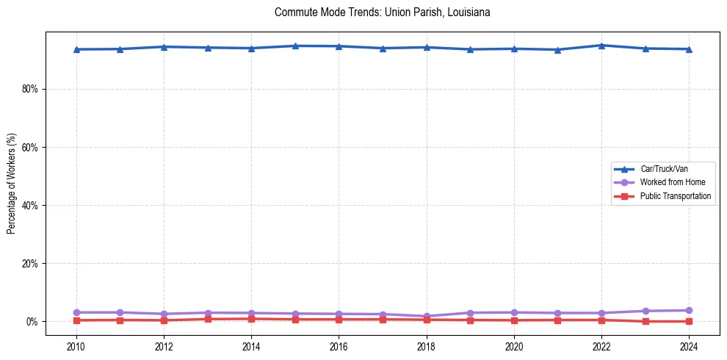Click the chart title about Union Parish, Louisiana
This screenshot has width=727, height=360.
[x=382, y=12]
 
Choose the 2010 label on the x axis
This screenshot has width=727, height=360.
[x=76, y=346]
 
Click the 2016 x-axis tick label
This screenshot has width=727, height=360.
[x=339, y=346]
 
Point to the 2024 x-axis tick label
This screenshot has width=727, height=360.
[x=689, y=346]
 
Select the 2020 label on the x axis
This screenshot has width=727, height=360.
[x=514, y=346]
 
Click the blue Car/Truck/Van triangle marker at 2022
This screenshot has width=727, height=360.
[x=601, y=46]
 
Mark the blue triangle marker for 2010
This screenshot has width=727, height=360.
[x=76, y=49]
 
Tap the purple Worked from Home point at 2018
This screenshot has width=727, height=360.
[x=426, y=316]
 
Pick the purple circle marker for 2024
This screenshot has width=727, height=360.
[x=689, y=310]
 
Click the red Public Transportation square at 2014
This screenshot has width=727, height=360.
[x=251, y=319]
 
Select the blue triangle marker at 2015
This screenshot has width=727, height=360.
[x=294, y=46]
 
